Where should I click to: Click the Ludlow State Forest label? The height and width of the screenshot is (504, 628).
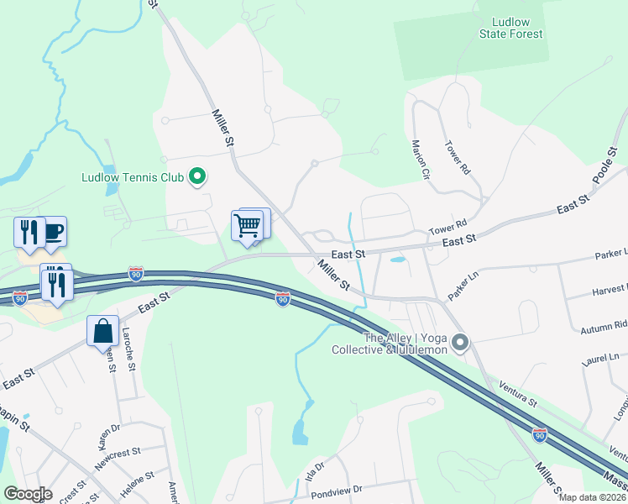coord(511,28)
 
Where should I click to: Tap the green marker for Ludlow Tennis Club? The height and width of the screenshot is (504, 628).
coord(198,176)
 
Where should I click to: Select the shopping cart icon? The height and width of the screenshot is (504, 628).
coord(247,225)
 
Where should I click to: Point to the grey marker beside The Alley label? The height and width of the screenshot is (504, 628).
coord(460,342)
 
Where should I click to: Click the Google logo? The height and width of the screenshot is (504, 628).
coord(28,493)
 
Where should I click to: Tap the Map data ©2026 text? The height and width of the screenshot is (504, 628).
coord(591,496)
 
